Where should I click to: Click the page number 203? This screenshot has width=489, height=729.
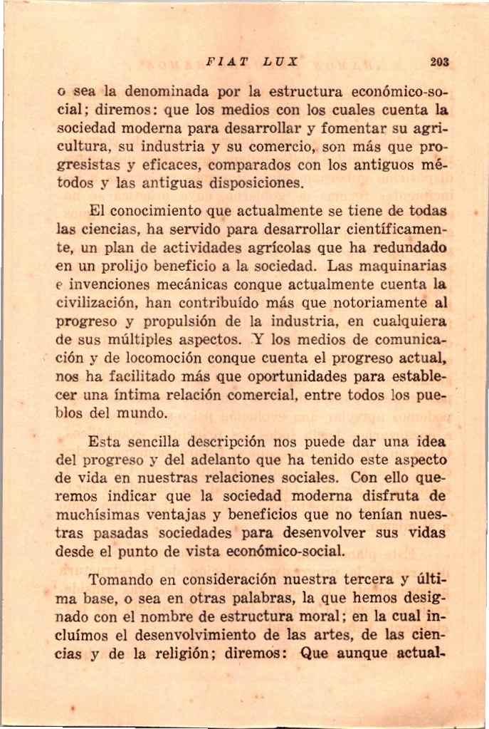439,62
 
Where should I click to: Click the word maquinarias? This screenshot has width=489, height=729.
409,266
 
